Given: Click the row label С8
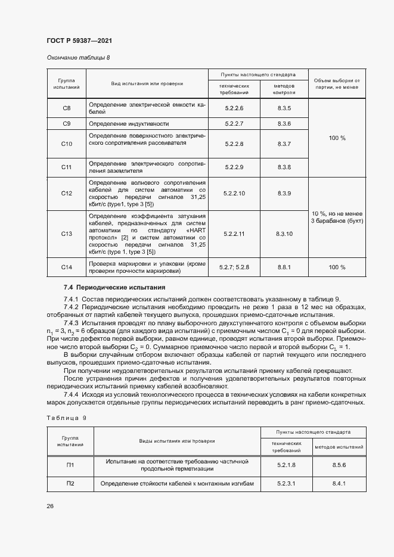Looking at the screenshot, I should [x=67, y=108].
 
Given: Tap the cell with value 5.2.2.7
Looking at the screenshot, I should [x=234, y=124].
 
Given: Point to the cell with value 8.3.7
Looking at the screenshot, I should [x=284, y=144].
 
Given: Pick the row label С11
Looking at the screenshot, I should [x=67, y=167].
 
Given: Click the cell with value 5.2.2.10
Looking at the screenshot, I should [x=234, y=194].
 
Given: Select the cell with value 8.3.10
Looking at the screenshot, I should [x=284, y=234].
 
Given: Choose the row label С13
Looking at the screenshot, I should [x=67, y=234].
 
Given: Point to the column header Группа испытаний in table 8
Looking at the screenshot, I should [x=67, y=84].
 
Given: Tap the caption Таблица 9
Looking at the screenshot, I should [x=66, y=418].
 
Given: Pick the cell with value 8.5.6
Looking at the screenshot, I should [x=339, y=465].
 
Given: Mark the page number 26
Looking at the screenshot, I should [x=50, y=506].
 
